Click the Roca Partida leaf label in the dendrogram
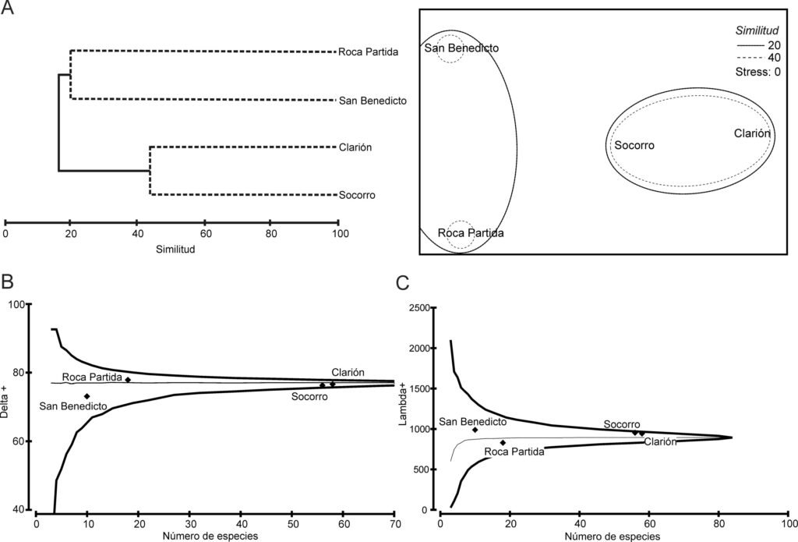(369, 52)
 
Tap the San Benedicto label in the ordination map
(461, 48)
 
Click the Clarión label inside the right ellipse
(752, 133)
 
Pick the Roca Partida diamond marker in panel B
(128, 380)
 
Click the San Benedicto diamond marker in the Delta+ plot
(87, 396)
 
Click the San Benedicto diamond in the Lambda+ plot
(475, 430)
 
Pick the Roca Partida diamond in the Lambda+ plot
(503, 443)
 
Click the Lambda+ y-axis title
(403, 408)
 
